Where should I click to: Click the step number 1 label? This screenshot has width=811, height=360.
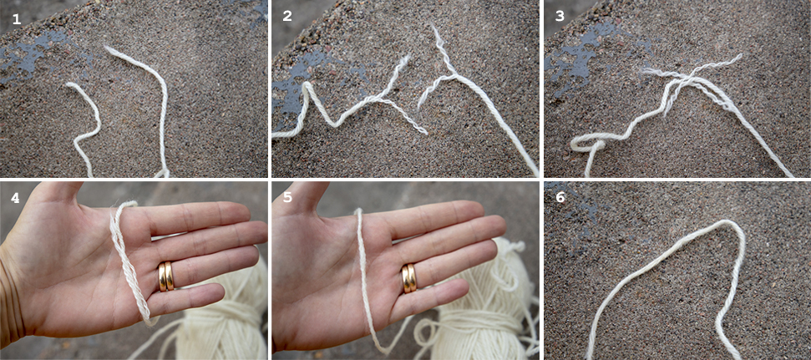(17, 19)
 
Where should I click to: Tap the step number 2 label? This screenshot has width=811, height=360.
(287, 16)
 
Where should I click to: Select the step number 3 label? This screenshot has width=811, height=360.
(560, 16)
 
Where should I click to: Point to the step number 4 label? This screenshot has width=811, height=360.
(17, 198)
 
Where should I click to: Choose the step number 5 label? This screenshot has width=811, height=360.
(287, 198)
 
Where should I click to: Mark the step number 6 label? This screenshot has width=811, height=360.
(560, 198)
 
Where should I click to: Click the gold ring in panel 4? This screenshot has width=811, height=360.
(165, 276)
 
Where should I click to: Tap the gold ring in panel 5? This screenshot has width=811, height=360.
(409, 278)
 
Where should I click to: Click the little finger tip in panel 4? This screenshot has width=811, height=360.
(215, 295)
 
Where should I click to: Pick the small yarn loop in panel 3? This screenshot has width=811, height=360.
(587, 145)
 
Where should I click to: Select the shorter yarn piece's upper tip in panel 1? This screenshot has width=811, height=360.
(68, 85)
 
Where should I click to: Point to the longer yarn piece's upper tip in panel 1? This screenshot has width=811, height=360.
(106, 48)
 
